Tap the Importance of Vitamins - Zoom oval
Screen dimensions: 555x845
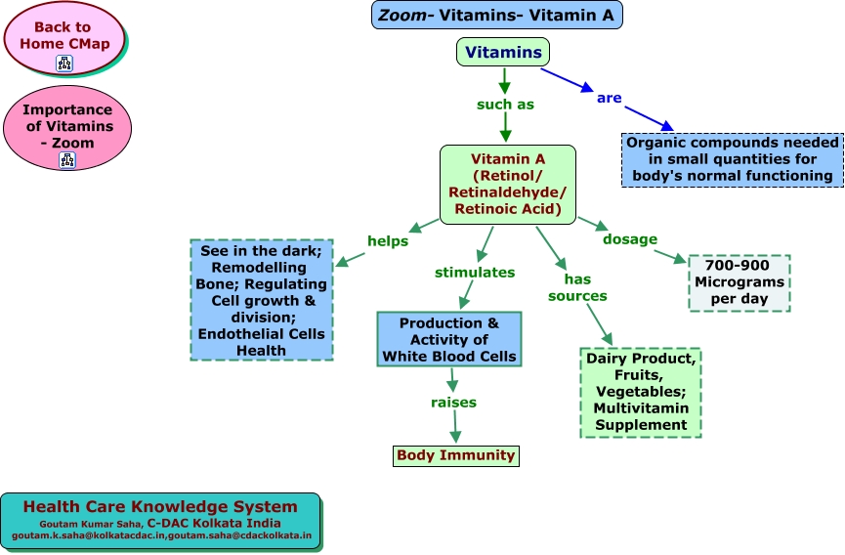coord(66,125)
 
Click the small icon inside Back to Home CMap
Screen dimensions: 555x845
coord(65,64)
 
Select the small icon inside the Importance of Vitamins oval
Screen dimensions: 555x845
coord(66,160)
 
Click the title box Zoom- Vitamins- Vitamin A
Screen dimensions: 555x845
coord(496,15)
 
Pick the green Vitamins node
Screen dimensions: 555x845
coord(503,52)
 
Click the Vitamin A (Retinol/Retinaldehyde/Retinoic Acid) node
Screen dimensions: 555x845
coord(507,184)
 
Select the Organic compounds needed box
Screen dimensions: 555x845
coord(732,159)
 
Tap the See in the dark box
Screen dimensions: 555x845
coord(261,300)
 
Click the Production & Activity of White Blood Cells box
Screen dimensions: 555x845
coord(449,339)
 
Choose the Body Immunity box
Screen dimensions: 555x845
coord(454,455)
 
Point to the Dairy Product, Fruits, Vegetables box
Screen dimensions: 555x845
coord(641,392)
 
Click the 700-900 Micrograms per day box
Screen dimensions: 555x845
coord(739,283)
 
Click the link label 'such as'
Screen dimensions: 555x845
coord(505,105)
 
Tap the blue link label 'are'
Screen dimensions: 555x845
coord(609,98)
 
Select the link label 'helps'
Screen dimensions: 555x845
coord(388,240)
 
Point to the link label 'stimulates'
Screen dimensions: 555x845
coord(474,272)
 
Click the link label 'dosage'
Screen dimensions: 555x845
coord(630,238)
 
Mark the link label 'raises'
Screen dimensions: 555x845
coord(454,402)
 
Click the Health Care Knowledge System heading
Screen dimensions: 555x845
coord(160,506)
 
